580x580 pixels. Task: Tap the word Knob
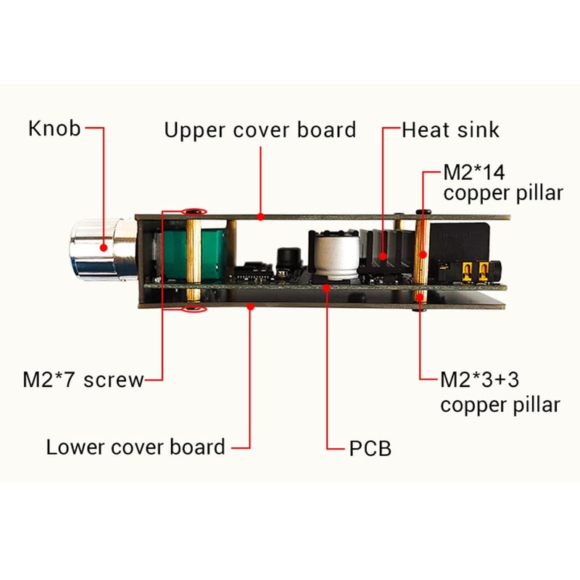pos(54,129)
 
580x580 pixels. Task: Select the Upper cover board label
pos(260,130)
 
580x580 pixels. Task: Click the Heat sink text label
pos(450,130)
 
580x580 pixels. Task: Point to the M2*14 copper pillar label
pos(502,183)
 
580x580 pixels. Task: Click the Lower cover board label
pos(136,447)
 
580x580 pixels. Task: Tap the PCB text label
pos(370,448)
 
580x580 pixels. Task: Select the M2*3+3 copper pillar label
pos(500,391)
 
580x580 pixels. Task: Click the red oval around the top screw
pos(194,212)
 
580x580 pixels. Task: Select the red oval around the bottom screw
pos(194,310)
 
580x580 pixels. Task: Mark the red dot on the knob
pos(104,246)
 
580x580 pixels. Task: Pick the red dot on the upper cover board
pos(260,215)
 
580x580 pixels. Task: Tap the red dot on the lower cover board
pos(250,307)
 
